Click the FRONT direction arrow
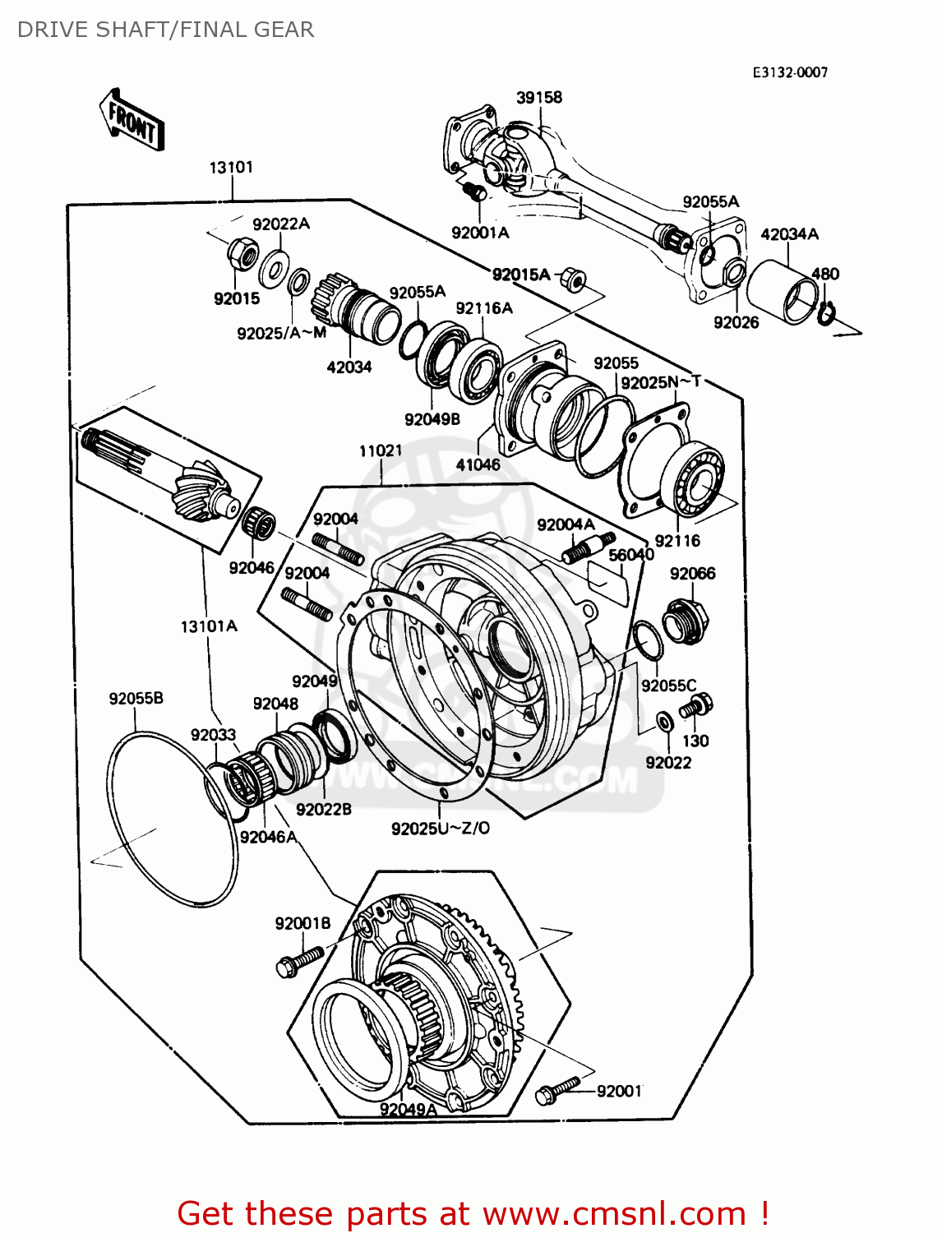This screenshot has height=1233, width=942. pos(132,120)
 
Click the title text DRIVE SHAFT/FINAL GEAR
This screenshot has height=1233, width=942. pos(165,30)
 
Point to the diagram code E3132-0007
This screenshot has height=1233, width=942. pos(790,72)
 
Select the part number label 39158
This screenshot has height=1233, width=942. pos(539,97)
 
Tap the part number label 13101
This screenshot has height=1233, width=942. pos(231,167)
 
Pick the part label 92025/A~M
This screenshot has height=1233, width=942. pos(281,333)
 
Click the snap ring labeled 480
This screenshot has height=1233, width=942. pos(826,313)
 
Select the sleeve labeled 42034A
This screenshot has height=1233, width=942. pos(783,292)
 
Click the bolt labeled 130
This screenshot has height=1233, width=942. pos(699,705)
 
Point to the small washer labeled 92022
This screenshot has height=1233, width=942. pos(664,723)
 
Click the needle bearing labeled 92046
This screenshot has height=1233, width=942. pos(259,523)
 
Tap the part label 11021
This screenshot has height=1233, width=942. pos(381,450)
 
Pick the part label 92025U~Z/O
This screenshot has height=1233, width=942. pos(440,829)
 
